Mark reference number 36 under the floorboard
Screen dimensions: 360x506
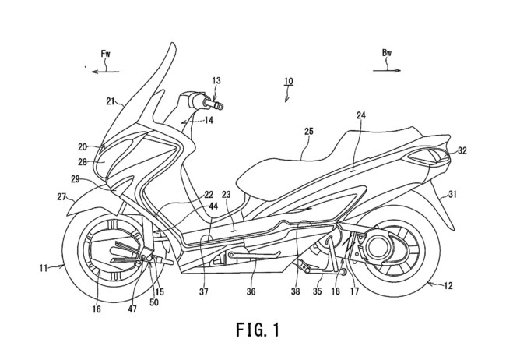click(x=251, y=292)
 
